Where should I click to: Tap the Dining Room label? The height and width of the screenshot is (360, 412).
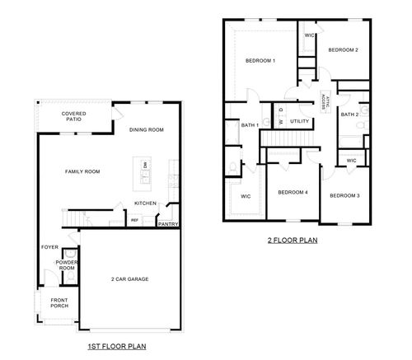pyautogui.click(x=147, y=129)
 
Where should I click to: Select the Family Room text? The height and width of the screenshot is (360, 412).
pyautogui.click(x=82, y=171)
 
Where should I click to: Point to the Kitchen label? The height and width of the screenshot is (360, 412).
pyautogui.click(x=146, y=203)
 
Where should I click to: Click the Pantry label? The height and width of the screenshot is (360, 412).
pyautogui.click(x=168, y=223)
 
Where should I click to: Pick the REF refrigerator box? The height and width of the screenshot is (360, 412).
pyautogui.click(x=134, y=220)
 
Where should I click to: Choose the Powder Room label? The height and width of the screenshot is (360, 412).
pyautogui.click(x=67, y=264)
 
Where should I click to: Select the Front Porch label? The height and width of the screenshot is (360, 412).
pyautogui.click(x=59, y=302)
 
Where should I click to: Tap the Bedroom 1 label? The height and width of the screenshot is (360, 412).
pyautogui.click(x=260, y=61)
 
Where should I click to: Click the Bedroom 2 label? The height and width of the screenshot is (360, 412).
pyautogui.click(x=343, y=49)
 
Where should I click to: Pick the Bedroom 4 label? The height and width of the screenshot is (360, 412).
pyautogui.click(x=293, y=193)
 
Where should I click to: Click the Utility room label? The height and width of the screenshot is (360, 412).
pyautogui.click(x=299, y=122)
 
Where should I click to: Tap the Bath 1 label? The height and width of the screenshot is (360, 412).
pyautogui.click(x=250, y=124)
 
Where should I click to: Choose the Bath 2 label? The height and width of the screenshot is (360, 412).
pyautogui.click(x=349, y=115)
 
